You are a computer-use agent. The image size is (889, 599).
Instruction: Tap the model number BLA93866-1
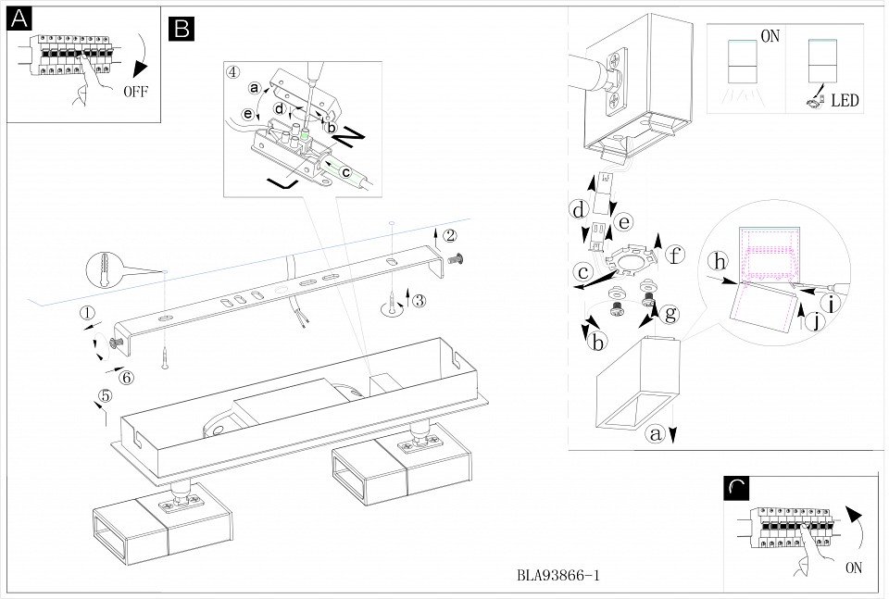tap(558, 575)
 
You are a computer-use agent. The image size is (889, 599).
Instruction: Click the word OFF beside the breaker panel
tap(134, 92)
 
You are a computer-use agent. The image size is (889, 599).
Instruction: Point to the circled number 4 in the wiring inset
tap(233, 71)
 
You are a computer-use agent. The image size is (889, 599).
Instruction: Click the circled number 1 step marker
tap(87, 313)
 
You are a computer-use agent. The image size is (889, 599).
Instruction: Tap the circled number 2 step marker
tap(450, 234)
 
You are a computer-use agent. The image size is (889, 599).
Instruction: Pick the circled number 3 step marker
tap(419, 300)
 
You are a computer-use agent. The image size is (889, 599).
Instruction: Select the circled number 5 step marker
tap(105, 396)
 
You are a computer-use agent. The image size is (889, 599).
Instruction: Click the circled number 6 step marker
tap(127, 377)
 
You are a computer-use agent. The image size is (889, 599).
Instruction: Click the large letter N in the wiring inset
tap(347, 138)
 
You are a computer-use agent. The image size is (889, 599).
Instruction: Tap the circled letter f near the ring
tap(676, 253)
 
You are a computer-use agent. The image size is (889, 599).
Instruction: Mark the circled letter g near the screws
tap(670, 313)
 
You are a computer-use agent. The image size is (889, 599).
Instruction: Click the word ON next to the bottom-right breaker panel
tap(853, 568)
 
